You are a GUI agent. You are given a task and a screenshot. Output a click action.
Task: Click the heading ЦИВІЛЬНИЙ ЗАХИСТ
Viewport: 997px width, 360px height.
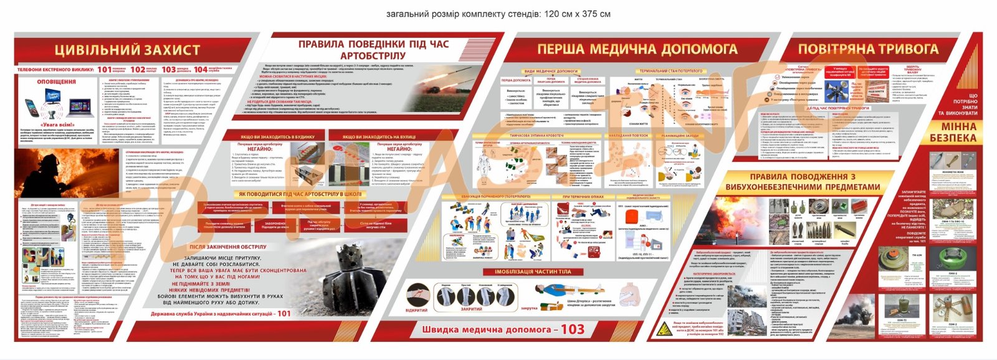click(127, 50)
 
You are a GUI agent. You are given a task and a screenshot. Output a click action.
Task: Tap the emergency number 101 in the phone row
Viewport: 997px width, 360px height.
click(104, 70)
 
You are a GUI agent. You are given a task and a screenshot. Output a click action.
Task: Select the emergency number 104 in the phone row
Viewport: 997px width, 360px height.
click(200, 70)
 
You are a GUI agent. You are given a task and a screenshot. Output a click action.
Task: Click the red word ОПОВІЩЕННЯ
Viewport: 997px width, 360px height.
click(56, 82)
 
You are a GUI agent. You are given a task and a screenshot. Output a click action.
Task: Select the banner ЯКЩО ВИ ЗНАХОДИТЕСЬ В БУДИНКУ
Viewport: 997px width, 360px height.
click(277, 136)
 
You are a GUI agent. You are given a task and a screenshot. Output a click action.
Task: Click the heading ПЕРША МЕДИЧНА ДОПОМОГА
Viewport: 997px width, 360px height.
click(637, 49)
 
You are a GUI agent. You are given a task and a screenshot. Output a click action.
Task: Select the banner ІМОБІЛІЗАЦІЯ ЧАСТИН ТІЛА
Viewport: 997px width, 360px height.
click(533, 272)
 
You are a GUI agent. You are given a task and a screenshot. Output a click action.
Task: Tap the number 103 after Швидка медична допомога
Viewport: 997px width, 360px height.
click(572, 329)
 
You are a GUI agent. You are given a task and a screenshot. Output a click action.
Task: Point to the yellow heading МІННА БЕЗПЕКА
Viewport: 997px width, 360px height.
click(953, 132)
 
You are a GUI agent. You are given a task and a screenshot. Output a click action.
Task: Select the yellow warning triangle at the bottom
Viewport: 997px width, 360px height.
click(665, 329)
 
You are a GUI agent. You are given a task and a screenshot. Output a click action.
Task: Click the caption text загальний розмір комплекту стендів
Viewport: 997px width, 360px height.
click(498, 14)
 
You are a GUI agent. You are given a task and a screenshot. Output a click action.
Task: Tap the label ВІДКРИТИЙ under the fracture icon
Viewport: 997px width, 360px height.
click(416, 310)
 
